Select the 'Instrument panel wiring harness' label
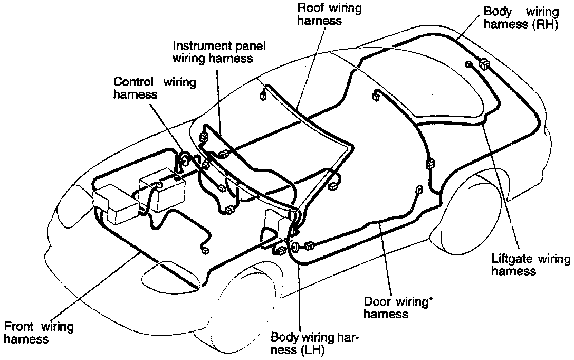pyautogui.click(x=218, y=52)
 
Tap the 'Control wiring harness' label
pyautogui.click(x=155, y=88)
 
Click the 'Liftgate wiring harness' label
pyautogui.click(x=530, y=264)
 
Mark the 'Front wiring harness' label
pyautogui.click(x=39, y=332)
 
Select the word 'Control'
pyautogui.click(x=134, y=82)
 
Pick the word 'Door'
pyautogui.click(x=377, y=302)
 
